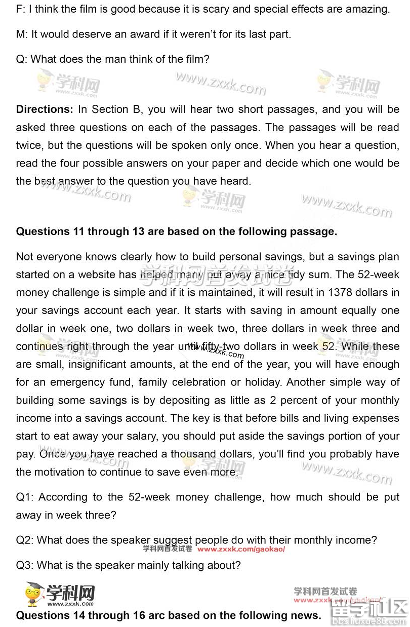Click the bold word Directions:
pyautogui.click(x=45, y=109)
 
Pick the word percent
pyautogui.click(x=302, y=400)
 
